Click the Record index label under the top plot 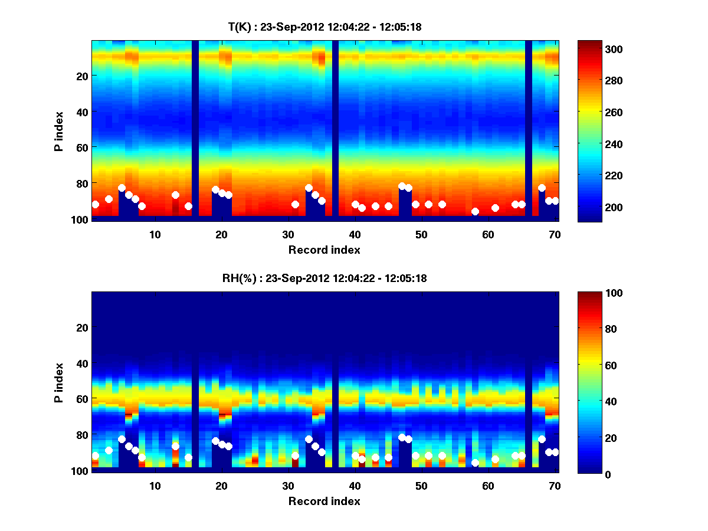[324, 250]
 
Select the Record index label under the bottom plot [324, 501]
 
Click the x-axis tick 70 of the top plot [555, 234]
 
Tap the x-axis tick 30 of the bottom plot [288, 485]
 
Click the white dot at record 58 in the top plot [475, 211]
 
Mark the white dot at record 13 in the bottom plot [175, 446]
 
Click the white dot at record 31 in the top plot [295, 204]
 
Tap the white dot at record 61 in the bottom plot [495, 459]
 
